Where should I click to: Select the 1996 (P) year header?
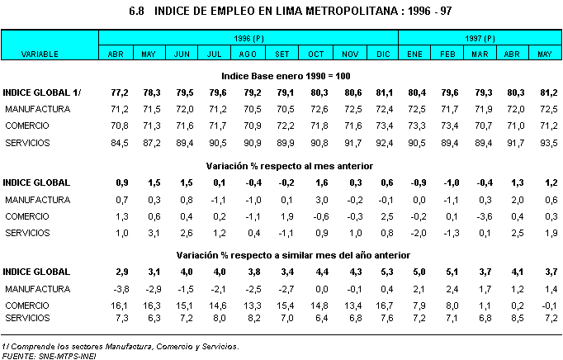tap(248, 38)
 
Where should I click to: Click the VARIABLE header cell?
tap(39, 54)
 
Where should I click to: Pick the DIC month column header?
tap(382, 54)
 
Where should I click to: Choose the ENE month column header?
tap(414, 54)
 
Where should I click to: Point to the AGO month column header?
tap(248, 54)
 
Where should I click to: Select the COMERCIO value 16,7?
tap(382, 305)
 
